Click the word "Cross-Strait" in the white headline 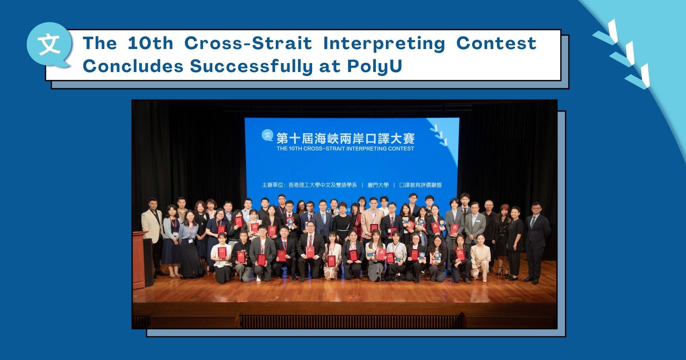[248, 44]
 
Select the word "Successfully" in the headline [251, 66]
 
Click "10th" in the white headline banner [150, 44]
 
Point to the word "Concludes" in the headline [133, 66]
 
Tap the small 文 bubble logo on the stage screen [268, 135]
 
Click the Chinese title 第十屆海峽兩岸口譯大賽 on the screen [345, 138]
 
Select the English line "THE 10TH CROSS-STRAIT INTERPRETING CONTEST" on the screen [345, 149]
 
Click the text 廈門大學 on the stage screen [378, 185]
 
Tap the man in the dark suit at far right [536, 240]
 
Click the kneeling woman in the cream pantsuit [480, 257]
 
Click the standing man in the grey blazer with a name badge [475, 226]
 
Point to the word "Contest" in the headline [496, 44]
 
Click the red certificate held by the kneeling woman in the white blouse [222, 252]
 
